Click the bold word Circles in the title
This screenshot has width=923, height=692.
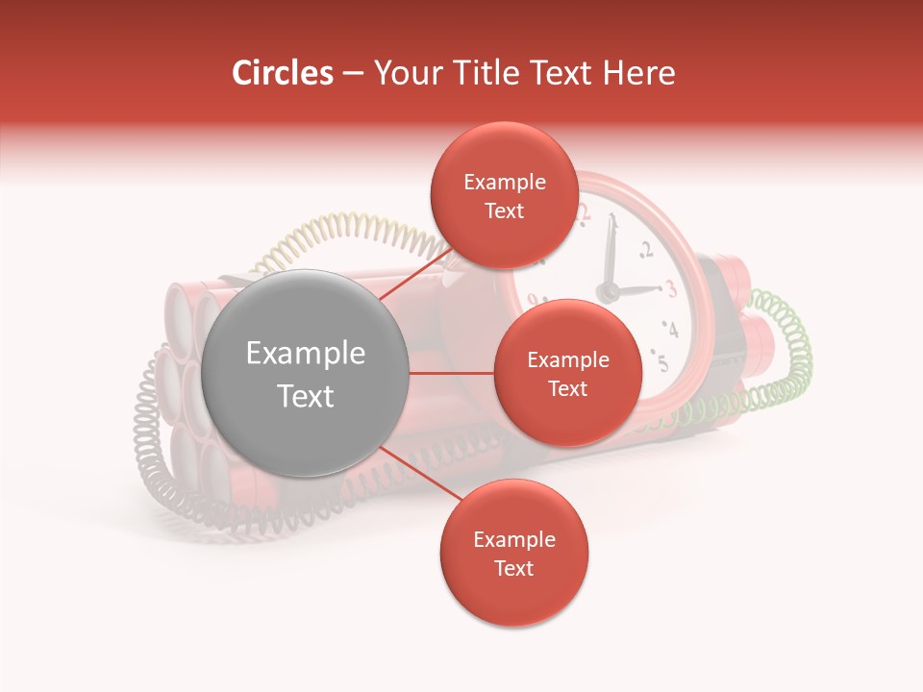(x=282, y=73)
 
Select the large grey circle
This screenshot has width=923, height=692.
(x=306, y=373)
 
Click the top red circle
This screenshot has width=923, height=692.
(x=504, y=195)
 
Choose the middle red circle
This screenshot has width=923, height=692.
(x=567, y=373)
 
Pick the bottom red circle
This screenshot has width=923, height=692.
(x=513, y=554)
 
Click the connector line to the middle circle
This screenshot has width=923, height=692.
(x=452, y=373)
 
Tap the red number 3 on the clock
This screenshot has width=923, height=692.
(x=671, y=288)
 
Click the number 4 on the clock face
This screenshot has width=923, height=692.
(x=671, y=330)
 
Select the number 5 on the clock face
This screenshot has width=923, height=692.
(x=662, y=362)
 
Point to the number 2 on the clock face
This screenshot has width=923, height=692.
(x=645, y=251)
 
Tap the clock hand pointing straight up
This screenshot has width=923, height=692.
(x=608, y=255)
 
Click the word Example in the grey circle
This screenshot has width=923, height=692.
(x=306, y=354)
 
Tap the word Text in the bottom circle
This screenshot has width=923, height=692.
(x=513, y=568)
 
